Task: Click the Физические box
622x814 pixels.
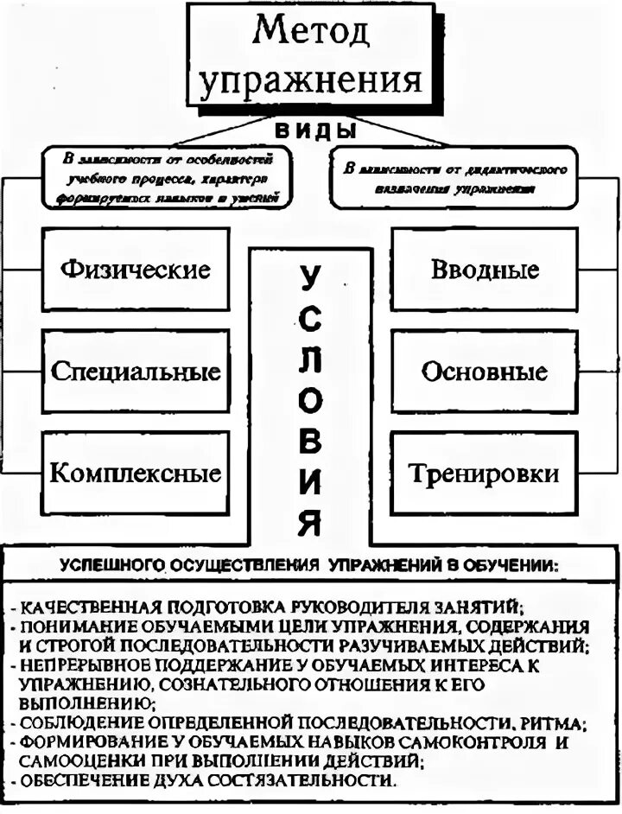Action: [136, 270]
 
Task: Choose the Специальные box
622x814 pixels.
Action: [136, 372]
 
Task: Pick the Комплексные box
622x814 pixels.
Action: [136, 474]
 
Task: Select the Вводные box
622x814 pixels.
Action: [485, 270]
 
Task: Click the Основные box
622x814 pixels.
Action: [485, 372]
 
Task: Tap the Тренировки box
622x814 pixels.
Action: [485, 474]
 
